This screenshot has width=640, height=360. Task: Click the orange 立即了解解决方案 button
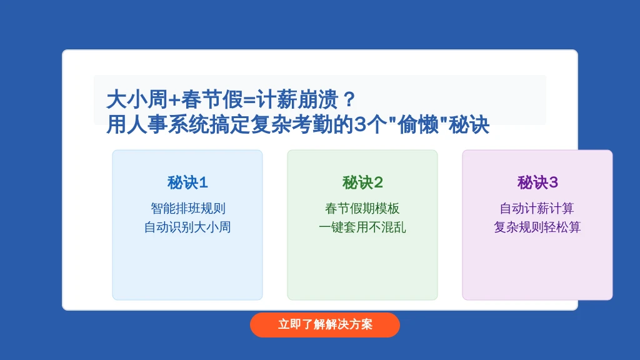(325, 325)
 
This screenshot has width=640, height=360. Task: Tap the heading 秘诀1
(187, 182)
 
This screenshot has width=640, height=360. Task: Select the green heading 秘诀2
(362, 182)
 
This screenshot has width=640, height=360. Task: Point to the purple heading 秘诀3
(537, 182)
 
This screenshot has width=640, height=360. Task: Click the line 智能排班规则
(187, 209)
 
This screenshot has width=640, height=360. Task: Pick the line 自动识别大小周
(187, 227)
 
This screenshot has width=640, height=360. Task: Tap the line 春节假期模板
(362, 209)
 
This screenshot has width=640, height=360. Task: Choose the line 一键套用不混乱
(362, 227)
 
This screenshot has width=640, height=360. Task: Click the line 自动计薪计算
(537, 209)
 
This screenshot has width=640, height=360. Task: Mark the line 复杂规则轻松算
(537, 227)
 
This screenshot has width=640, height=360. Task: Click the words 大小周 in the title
(137, 99)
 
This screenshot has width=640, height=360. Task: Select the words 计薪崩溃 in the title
(297, 99)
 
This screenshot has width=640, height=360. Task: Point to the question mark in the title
(349, 99)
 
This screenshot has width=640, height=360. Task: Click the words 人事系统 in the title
(167, 124)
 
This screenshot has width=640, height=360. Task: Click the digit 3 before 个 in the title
(360, 125)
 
